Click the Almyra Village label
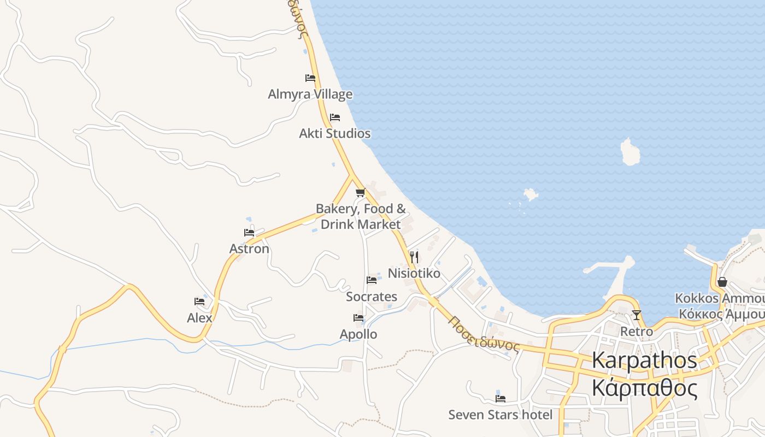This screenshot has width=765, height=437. coord(310,95)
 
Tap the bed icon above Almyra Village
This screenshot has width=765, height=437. coord(310,78)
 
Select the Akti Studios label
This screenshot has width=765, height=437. coord(334,133)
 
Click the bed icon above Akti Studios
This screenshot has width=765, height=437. coord(335,117)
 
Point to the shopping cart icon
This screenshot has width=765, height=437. coord(360,192)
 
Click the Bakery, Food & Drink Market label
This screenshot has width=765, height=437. coord(361,216)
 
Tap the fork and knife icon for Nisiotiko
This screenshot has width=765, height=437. coord(414,257)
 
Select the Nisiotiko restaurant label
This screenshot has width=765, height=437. coord(414,273)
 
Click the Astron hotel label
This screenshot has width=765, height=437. coord(249,249)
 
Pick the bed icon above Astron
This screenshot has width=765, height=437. coord(249,233)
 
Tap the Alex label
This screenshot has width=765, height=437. coord(199,317)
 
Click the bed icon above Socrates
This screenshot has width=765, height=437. coord(372,280)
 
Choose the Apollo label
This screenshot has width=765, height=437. coord(358,334)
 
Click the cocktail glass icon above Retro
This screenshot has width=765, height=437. coord(637,315)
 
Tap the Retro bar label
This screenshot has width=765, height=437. coord(637,331)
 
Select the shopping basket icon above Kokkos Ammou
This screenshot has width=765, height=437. coord(722,282)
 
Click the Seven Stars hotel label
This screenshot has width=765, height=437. coord(501,415)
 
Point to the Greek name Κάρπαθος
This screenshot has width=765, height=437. coord(645,388)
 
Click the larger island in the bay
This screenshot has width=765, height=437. coord(630,152)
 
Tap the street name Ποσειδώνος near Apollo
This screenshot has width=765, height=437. coord(483,333)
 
